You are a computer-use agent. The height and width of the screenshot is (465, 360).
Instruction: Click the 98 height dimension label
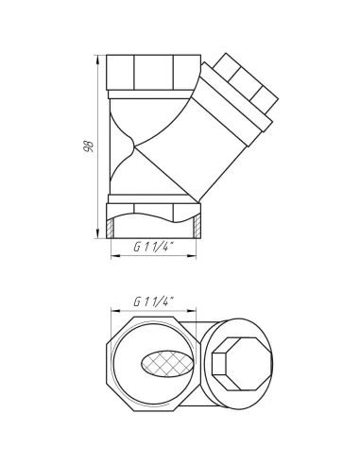click(89, 146)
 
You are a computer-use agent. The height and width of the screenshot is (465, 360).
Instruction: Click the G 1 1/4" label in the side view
click(154, 248)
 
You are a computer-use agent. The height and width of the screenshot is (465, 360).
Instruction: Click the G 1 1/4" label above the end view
click(154, 301)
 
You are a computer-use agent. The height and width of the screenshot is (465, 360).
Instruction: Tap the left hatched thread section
click(110, 228)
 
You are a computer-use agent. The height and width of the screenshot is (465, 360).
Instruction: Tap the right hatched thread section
click(197, 227)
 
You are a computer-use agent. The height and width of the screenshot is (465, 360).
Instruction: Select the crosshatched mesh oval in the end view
click(166, 364)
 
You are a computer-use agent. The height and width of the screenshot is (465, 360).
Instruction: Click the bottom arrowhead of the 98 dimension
click(97, 233)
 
